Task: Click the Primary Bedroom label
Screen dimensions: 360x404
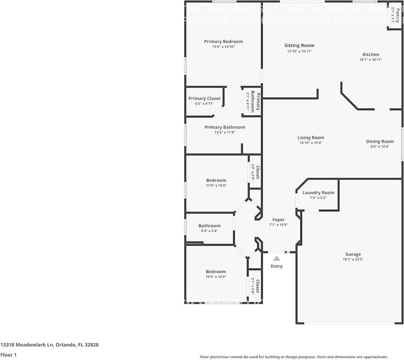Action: (223, 41)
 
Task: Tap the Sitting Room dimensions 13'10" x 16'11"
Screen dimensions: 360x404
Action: (299, 51)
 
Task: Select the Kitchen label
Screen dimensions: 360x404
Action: (371, 54)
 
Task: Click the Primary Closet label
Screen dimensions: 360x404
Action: (204, 98)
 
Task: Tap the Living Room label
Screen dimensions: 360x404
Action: (311, 138)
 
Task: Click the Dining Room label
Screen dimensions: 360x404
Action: (380, 141)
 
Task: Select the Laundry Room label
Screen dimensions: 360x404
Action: (318, 192)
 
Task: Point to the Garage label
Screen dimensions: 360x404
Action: (353, 254)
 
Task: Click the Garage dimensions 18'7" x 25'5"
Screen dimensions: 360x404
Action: (353, 260)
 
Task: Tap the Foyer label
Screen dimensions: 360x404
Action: (279, 219)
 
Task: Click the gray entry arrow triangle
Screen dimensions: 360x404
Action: (276, 258)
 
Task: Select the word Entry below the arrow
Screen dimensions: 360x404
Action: (277, 266)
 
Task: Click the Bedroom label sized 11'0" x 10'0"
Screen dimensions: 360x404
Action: (216, 180)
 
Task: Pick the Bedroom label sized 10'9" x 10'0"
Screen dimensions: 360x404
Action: (216, 272)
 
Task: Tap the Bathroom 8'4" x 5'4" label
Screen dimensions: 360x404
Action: (209, 226)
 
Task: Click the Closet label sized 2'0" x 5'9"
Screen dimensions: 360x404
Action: (257, 172)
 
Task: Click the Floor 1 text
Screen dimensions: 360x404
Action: (9, 355)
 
